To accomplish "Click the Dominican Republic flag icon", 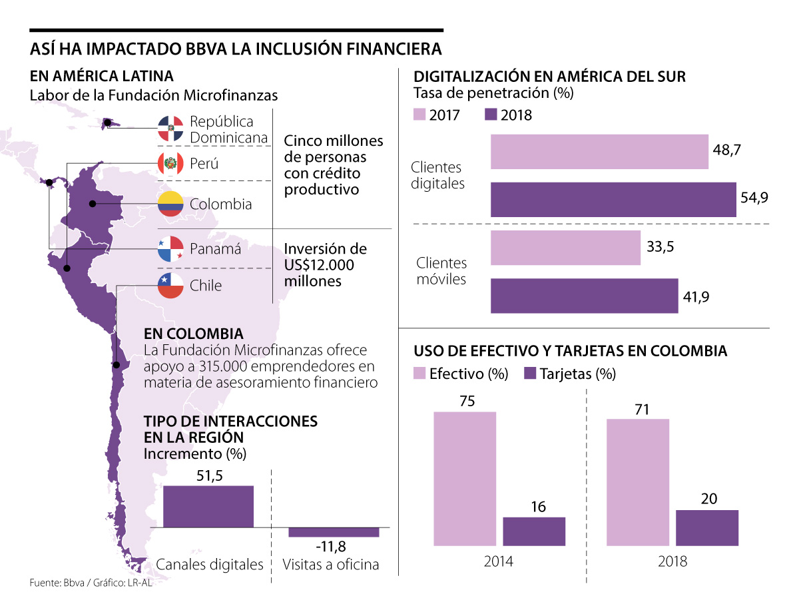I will click(170, 128).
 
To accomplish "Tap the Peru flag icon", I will click(170, 163).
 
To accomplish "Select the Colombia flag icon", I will click(170, 204).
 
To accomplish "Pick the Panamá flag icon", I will click(170, 249).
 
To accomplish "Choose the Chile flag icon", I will click(170, 286).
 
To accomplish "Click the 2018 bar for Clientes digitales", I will click(613, 199).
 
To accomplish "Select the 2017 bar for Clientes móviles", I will click(565, 248).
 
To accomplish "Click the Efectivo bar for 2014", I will click(465, 478).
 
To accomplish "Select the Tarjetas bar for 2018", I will click(706, 527).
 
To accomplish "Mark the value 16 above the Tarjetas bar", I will click(538, 507).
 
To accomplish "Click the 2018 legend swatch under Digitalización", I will click(491, 115).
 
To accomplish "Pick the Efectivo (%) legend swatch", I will click(421, 374).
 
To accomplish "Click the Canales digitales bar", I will click(208, 506).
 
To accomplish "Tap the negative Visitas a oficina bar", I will click(334, 532).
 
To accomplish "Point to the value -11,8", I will click(331, 547).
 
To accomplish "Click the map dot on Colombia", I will click(93, 204).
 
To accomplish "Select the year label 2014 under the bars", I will click(498, 561).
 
